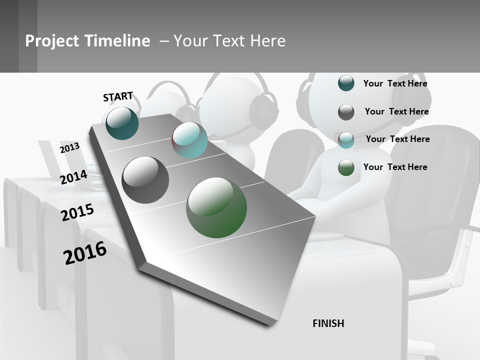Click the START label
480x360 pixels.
tap(118, 96)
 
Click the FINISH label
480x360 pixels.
tap(328, 323)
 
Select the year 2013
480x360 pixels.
tap(69, 148)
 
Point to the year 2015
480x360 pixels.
tap(77, 212)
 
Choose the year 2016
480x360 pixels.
tap(85, 252)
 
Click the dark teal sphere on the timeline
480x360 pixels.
tap(122, 123)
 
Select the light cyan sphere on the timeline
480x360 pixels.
tap(189, 140)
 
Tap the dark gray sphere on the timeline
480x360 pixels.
tap(145, 180)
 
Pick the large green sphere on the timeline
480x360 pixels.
tap(216, 207)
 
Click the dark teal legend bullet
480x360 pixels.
tap(346, 83)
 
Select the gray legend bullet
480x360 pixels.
tap(346, 112)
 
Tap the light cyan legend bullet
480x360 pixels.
tap(346, 140)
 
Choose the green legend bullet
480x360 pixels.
tap(346, 167)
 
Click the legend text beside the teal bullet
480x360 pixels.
tap(395, 83)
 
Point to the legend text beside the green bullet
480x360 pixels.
tap(395, 167)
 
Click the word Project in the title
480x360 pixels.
tap(52, 41)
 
